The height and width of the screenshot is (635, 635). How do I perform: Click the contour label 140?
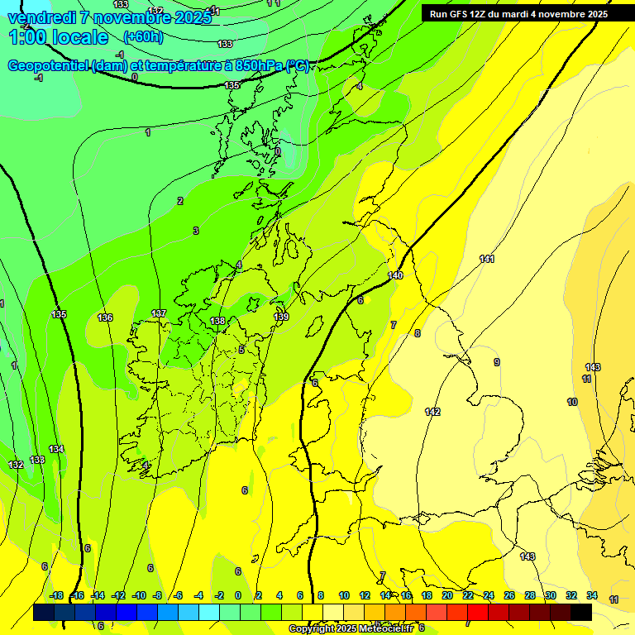point(395,275)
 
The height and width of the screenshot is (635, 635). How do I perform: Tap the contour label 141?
point(487,260)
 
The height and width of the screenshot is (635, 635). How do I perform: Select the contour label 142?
point(432,412)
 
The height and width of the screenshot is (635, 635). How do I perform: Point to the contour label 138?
point(217,321)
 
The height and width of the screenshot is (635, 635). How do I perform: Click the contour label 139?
point(281,317)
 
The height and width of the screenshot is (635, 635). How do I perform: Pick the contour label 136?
point(105,317)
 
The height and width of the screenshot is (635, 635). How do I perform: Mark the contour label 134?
point(56,449)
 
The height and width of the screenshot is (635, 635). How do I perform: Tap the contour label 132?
point(16,465)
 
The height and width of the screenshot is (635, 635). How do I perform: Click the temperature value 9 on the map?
point(497,362)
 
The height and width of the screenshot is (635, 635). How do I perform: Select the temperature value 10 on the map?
point(572,402)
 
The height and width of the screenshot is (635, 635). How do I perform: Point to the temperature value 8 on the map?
point(418,333)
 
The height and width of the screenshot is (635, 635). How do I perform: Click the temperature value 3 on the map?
point(196,231)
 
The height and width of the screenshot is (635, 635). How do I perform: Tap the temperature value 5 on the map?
point(241,350)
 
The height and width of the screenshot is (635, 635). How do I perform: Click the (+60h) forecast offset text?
point(143,36)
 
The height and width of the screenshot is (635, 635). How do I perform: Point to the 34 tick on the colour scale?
point(592,595)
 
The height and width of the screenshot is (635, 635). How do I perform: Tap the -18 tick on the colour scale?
point(55,595)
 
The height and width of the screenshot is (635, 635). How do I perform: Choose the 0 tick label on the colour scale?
point(238,595)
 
